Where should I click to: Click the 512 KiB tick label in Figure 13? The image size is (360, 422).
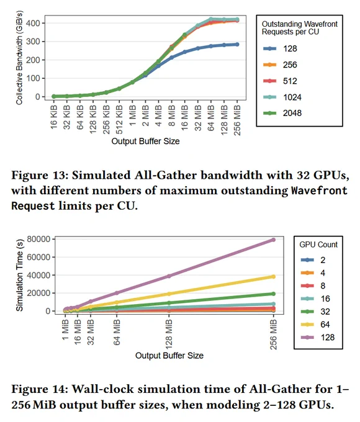(x=119, y=119)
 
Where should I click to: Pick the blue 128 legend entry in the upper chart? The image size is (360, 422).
(x=280, y=48)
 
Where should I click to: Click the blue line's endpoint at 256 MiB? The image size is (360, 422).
(x=237, y=45)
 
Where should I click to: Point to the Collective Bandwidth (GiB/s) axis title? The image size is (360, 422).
(x=19, y=58)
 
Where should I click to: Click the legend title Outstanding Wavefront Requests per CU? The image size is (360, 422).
(x=299, y=28)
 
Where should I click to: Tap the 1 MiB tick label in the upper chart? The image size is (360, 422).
(x=132, y=115)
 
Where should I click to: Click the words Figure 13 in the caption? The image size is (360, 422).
(x=40, y=175)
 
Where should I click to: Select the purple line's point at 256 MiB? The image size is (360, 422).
(x=273, y=240)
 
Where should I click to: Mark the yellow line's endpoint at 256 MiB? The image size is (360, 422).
(x=273, y=277)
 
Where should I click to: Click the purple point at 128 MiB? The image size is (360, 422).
(x=169, y=276)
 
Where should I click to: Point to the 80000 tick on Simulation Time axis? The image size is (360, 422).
(x=38, y=239)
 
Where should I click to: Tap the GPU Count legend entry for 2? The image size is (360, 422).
(x=313, y=260)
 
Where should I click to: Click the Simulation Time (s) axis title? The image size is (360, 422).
(x=19, y=275)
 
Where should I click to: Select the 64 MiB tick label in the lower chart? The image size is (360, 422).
(x=117, y=332)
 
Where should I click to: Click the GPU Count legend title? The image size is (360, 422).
(x=318, y=245)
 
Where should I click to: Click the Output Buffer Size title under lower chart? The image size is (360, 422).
(x=169, y=356)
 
